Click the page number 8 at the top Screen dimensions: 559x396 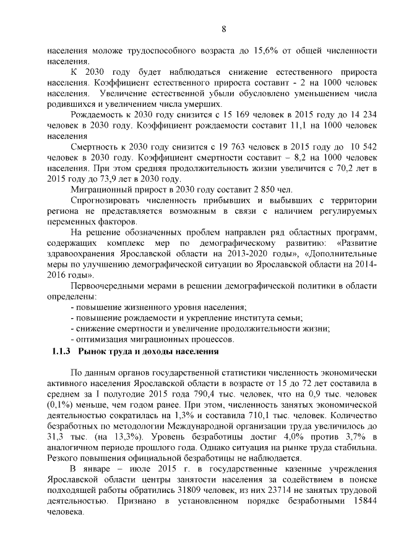click(x=224, y=29)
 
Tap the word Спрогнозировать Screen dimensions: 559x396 click(x=110, y=200)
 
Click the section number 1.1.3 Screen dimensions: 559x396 click(x=62, y=351)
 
